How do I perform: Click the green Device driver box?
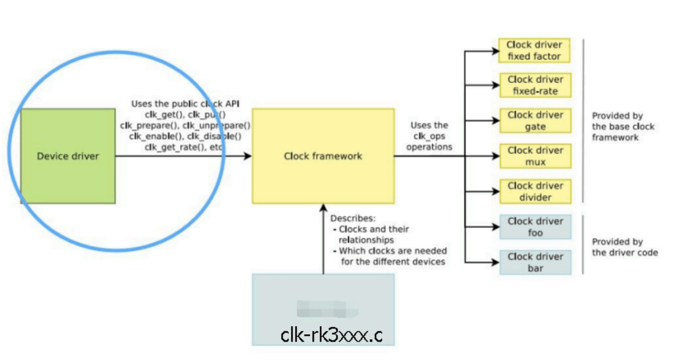tap(68, 156)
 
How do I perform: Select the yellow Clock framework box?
tap(323, 156)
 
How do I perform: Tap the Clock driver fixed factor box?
tap(535, 51)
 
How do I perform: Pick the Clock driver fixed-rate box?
tap(535, 85)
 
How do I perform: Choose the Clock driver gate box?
tap(535, 121)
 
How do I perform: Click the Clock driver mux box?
tap(535, 156)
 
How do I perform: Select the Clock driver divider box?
tap(535, 192)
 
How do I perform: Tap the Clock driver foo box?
tap(535, 227)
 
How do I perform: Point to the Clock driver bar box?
tap(535, 262)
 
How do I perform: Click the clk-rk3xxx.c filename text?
tap(331, 335)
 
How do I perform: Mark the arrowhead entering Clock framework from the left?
tap(248, 156)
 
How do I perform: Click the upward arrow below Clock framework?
tap(323, 242)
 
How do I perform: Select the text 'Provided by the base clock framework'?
tap(623, 127)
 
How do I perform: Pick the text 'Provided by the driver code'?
tap(625, 247)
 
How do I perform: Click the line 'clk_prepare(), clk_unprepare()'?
tap(185, 125)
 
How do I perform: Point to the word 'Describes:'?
tap(353, 219)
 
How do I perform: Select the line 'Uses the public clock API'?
tap(185, 104)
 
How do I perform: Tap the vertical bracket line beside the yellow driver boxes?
tap(584, 121)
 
